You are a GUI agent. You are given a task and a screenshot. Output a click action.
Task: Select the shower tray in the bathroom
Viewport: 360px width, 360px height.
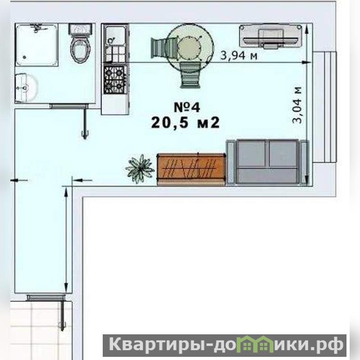click(x=37, y=45)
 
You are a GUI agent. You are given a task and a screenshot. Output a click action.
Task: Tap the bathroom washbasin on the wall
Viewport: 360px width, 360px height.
click(x=26, y=88)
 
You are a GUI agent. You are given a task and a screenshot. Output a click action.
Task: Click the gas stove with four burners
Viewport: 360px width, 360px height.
click(x=115, y=80)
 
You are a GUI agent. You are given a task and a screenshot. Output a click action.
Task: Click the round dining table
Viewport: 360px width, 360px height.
click(x=189, y=46)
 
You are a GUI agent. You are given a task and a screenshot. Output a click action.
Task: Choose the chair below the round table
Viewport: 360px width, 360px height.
click(x=190, y=75)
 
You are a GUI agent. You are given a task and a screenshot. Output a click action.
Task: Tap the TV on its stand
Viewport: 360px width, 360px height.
click(x=270, y=36)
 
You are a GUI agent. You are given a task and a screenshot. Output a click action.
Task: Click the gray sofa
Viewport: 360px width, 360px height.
click(x=268, y=162)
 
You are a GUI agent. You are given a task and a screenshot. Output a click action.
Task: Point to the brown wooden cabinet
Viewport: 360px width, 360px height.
click(x=191, y=169)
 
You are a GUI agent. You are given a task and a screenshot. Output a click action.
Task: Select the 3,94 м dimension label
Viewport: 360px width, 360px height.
click(x=239, y=55)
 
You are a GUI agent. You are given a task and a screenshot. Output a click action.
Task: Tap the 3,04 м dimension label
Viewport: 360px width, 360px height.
click(x=297, y=105)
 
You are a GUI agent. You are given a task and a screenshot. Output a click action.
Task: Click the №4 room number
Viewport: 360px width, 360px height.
click(x=187, y=107)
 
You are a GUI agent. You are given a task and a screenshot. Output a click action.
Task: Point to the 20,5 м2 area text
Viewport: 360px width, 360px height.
click(x=185, y=123)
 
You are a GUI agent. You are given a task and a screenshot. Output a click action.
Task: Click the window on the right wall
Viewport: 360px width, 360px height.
click(x=325, y=107)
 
